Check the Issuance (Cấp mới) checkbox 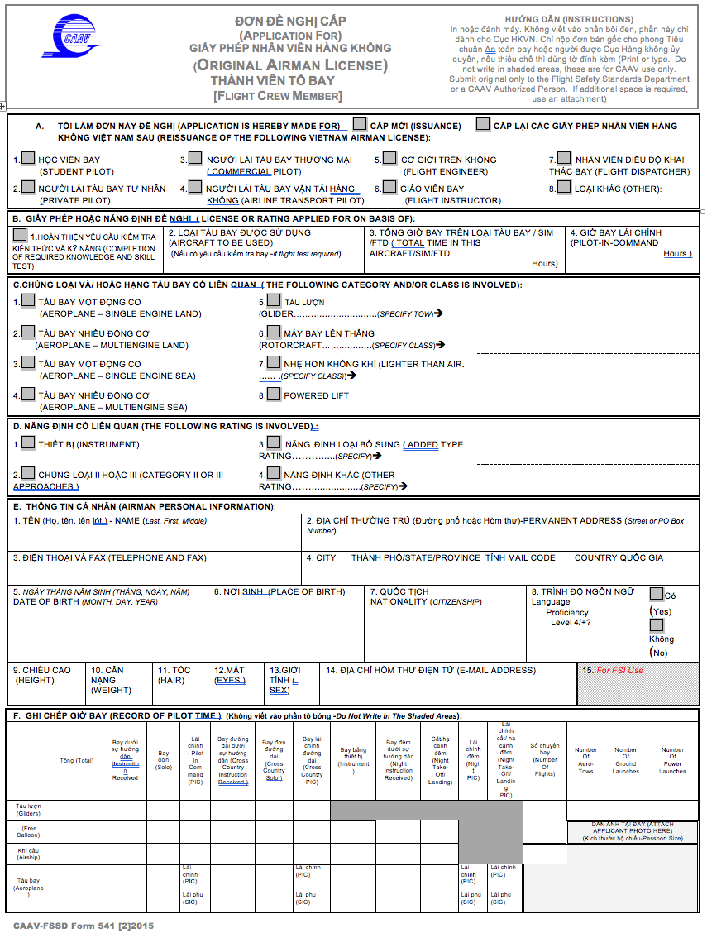(360, 124)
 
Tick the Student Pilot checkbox (28, 157)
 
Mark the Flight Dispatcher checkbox (564, 157)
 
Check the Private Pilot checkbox (28, 187)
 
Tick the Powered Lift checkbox (274, 394)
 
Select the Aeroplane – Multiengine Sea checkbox (28, 395)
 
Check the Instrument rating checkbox (28, 443)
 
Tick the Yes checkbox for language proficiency (657, 593)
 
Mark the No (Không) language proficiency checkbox (657, 624)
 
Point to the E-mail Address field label (430, 670)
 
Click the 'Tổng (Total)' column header (76, 760)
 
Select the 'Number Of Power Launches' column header (671, 760)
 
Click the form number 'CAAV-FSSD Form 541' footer (84, 925)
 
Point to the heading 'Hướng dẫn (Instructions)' (568, 19)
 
